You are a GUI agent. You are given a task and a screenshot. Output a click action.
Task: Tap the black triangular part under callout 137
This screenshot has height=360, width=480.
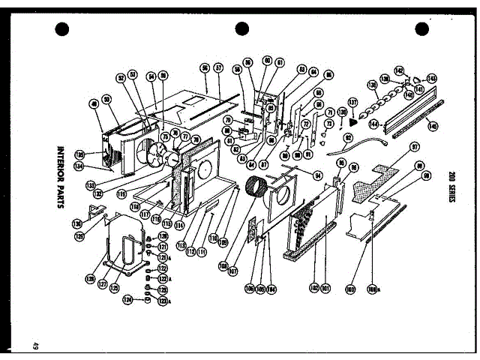click(353, 118)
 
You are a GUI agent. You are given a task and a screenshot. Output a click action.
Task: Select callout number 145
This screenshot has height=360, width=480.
click(433, 126)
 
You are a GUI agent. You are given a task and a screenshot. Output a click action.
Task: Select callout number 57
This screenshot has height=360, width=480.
click(218, 67)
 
